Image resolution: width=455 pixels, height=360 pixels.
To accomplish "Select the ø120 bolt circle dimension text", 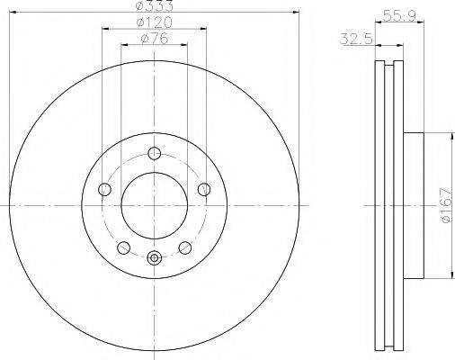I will [154, 23].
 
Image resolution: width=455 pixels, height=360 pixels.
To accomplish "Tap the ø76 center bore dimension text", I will [154, 39].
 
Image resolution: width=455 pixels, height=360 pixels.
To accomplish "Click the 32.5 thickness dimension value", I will [358, 40].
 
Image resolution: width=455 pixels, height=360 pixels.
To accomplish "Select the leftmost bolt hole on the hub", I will [103, 189].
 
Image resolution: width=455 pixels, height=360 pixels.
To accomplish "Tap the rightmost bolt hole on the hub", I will [204, 188].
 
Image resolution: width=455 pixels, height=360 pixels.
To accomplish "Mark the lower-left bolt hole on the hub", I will [122, 247].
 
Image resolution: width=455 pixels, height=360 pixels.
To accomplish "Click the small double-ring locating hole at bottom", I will [154, 257].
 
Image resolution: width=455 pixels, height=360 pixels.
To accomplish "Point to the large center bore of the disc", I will [154, 206].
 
